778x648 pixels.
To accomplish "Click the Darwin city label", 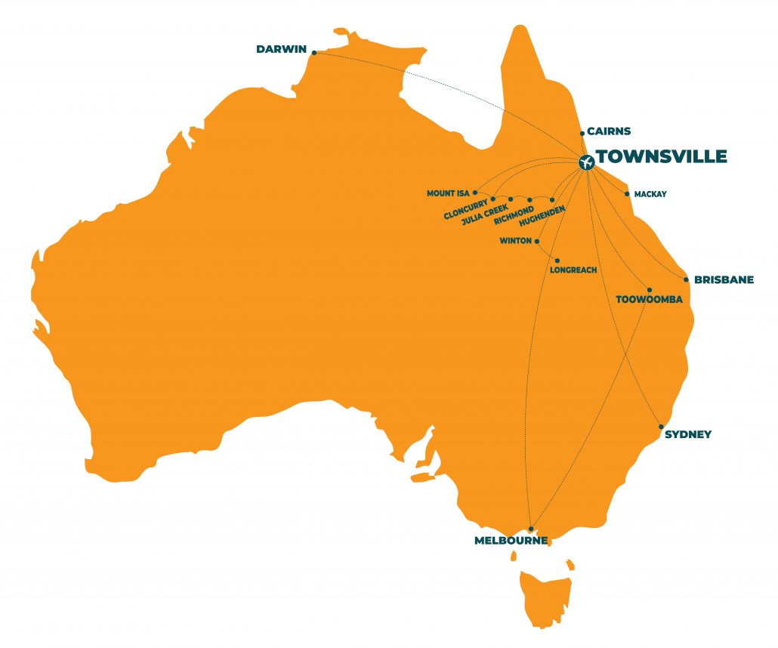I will pyautogui.click(x=281, y=50).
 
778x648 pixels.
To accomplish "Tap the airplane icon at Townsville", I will pyautogui.click(x=585, y=162).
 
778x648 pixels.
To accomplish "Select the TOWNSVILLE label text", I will pyautogui.click(x=662, y=157).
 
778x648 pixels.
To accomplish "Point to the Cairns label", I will pyautogui.click(x=609, y=131).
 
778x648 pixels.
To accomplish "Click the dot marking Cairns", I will pyautogui.click(x=582, y=134).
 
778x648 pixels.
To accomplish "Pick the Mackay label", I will pyautogui.click(x=650, y=194).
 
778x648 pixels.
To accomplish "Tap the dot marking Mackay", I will pyautogui.click(x=627, y=194).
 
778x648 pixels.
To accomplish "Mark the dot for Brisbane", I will pyautogui.click(x=686, y=279).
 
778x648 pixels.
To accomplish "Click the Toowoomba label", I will pyautogui.click(x=649, y=300).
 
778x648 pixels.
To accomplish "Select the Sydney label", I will pyautogui.click(x=688, y=434).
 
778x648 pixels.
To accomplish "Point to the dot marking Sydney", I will pyautogui.click(x=661, y=427).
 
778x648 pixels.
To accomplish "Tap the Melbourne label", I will pyautogui.click(x=511, y=541).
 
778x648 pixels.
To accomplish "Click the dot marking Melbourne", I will pyautogui.click(x=531, y=529).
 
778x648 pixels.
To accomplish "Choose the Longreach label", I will pyautogui.click(x=574, y=270).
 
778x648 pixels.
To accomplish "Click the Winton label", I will pyautogui.click(x=515, y=242).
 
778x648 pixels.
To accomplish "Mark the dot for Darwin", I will pyautogui.click(x=313, y=52).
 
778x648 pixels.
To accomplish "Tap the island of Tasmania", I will pyautogui.click(x=545, y=597).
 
